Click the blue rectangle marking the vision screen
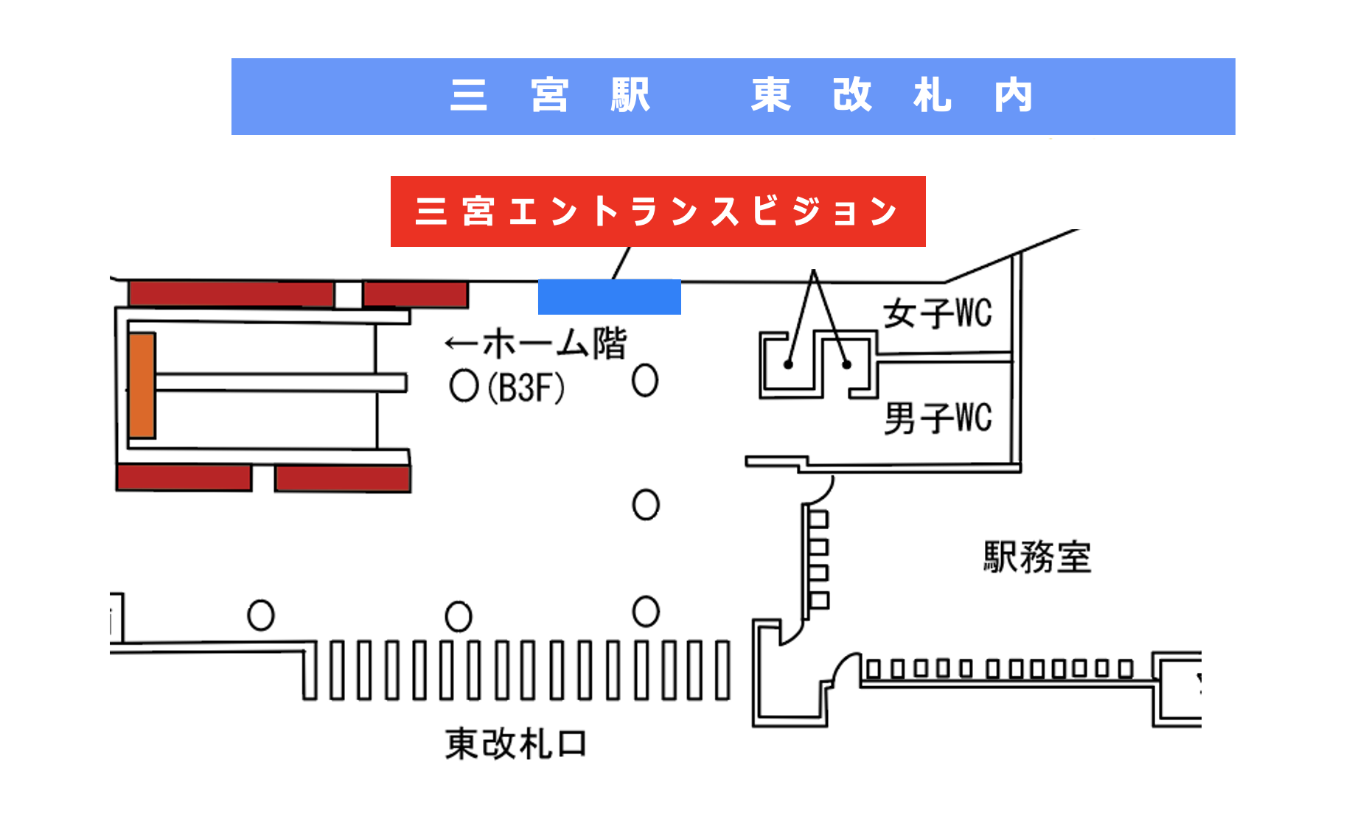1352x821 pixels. tap(609, 297)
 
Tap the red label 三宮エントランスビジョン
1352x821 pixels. tap(658, 212)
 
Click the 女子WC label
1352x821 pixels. tap(938, 314)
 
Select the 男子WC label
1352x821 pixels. tap(938, 418)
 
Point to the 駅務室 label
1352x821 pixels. tap(1036, 557)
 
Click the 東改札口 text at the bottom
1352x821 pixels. tap(516, 744)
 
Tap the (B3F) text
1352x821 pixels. tap(526, 388)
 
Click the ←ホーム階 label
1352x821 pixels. tap(536, 344)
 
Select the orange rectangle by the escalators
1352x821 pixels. tap(142, 385)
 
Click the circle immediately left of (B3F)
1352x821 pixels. tap(464, 385)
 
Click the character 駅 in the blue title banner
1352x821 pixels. tap(630, 96)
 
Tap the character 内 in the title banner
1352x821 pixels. tap(1013, 96)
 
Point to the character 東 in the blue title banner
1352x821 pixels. tap(771, 96)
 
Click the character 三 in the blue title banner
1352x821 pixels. tap(469, 96)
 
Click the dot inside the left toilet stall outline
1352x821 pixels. tap(788, 365)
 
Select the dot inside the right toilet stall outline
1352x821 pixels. tap(846, 365)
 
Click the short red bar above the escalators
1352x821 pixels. tap(416, 294)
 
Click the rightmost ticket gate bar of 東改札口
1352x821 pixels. tap(723, 670)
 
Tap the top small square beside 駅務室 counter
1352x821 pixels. tap(819, 520)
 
